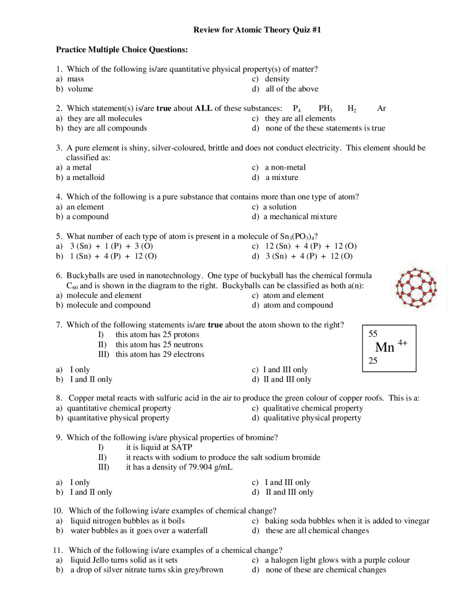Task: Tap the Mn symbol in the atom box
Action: pos(385,347)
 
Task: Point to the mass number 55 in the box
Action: pos(373,334)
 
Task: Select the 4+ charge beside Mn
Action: pos(402,343)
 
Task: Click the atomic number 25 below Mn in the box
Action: pos(373,360)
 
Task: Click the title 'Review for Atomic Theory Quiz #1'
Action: pos(257,30)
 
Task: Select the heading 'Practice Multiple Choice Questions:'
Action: pos(122,49)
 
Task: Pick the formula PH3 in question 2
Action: pos(325,109)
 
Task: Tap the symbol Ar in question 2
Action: pos(381,108)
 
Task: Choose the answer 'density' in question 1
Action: pos(277,79)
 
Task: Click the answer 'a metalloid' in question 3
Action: pos(86,177)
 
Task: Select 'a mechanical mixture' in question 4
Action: pos(300,216)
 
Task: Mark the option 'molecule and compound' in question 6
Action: pos(108,305)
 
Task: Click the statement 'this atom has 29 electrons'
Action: pos(160,354)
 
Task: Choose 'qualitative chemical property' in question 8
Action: pos(313,408)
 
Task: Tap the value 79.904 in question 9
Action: pos(199,467)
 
